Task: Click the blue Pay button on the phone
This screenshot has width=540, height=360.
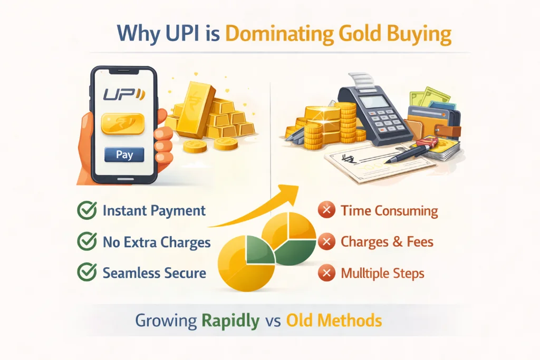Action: [x=124, y=155]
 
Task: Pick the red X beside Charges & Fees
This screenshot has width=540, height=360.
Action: [x=327, y=242]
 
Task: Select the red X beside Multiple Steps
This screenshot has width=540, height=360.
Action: [x=327, y=274]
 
